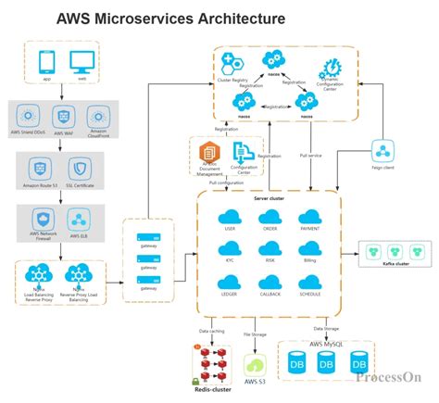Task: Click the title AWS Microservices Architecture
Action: pyautogui.click(x=170, y=18)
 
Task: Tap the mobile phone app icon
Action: pyautogui.click(x=47, y=62)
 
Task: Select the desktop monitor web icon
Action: pyautogui.click(x=82, y=62)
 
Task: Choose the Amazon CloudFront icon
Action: pyautogui.click(x=98, y=117)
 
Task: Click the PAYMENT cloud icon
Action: pyautogui.click(x=310, y=217)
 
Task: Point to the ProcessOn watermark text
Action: pyautogui.click(x=389, y=377)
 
